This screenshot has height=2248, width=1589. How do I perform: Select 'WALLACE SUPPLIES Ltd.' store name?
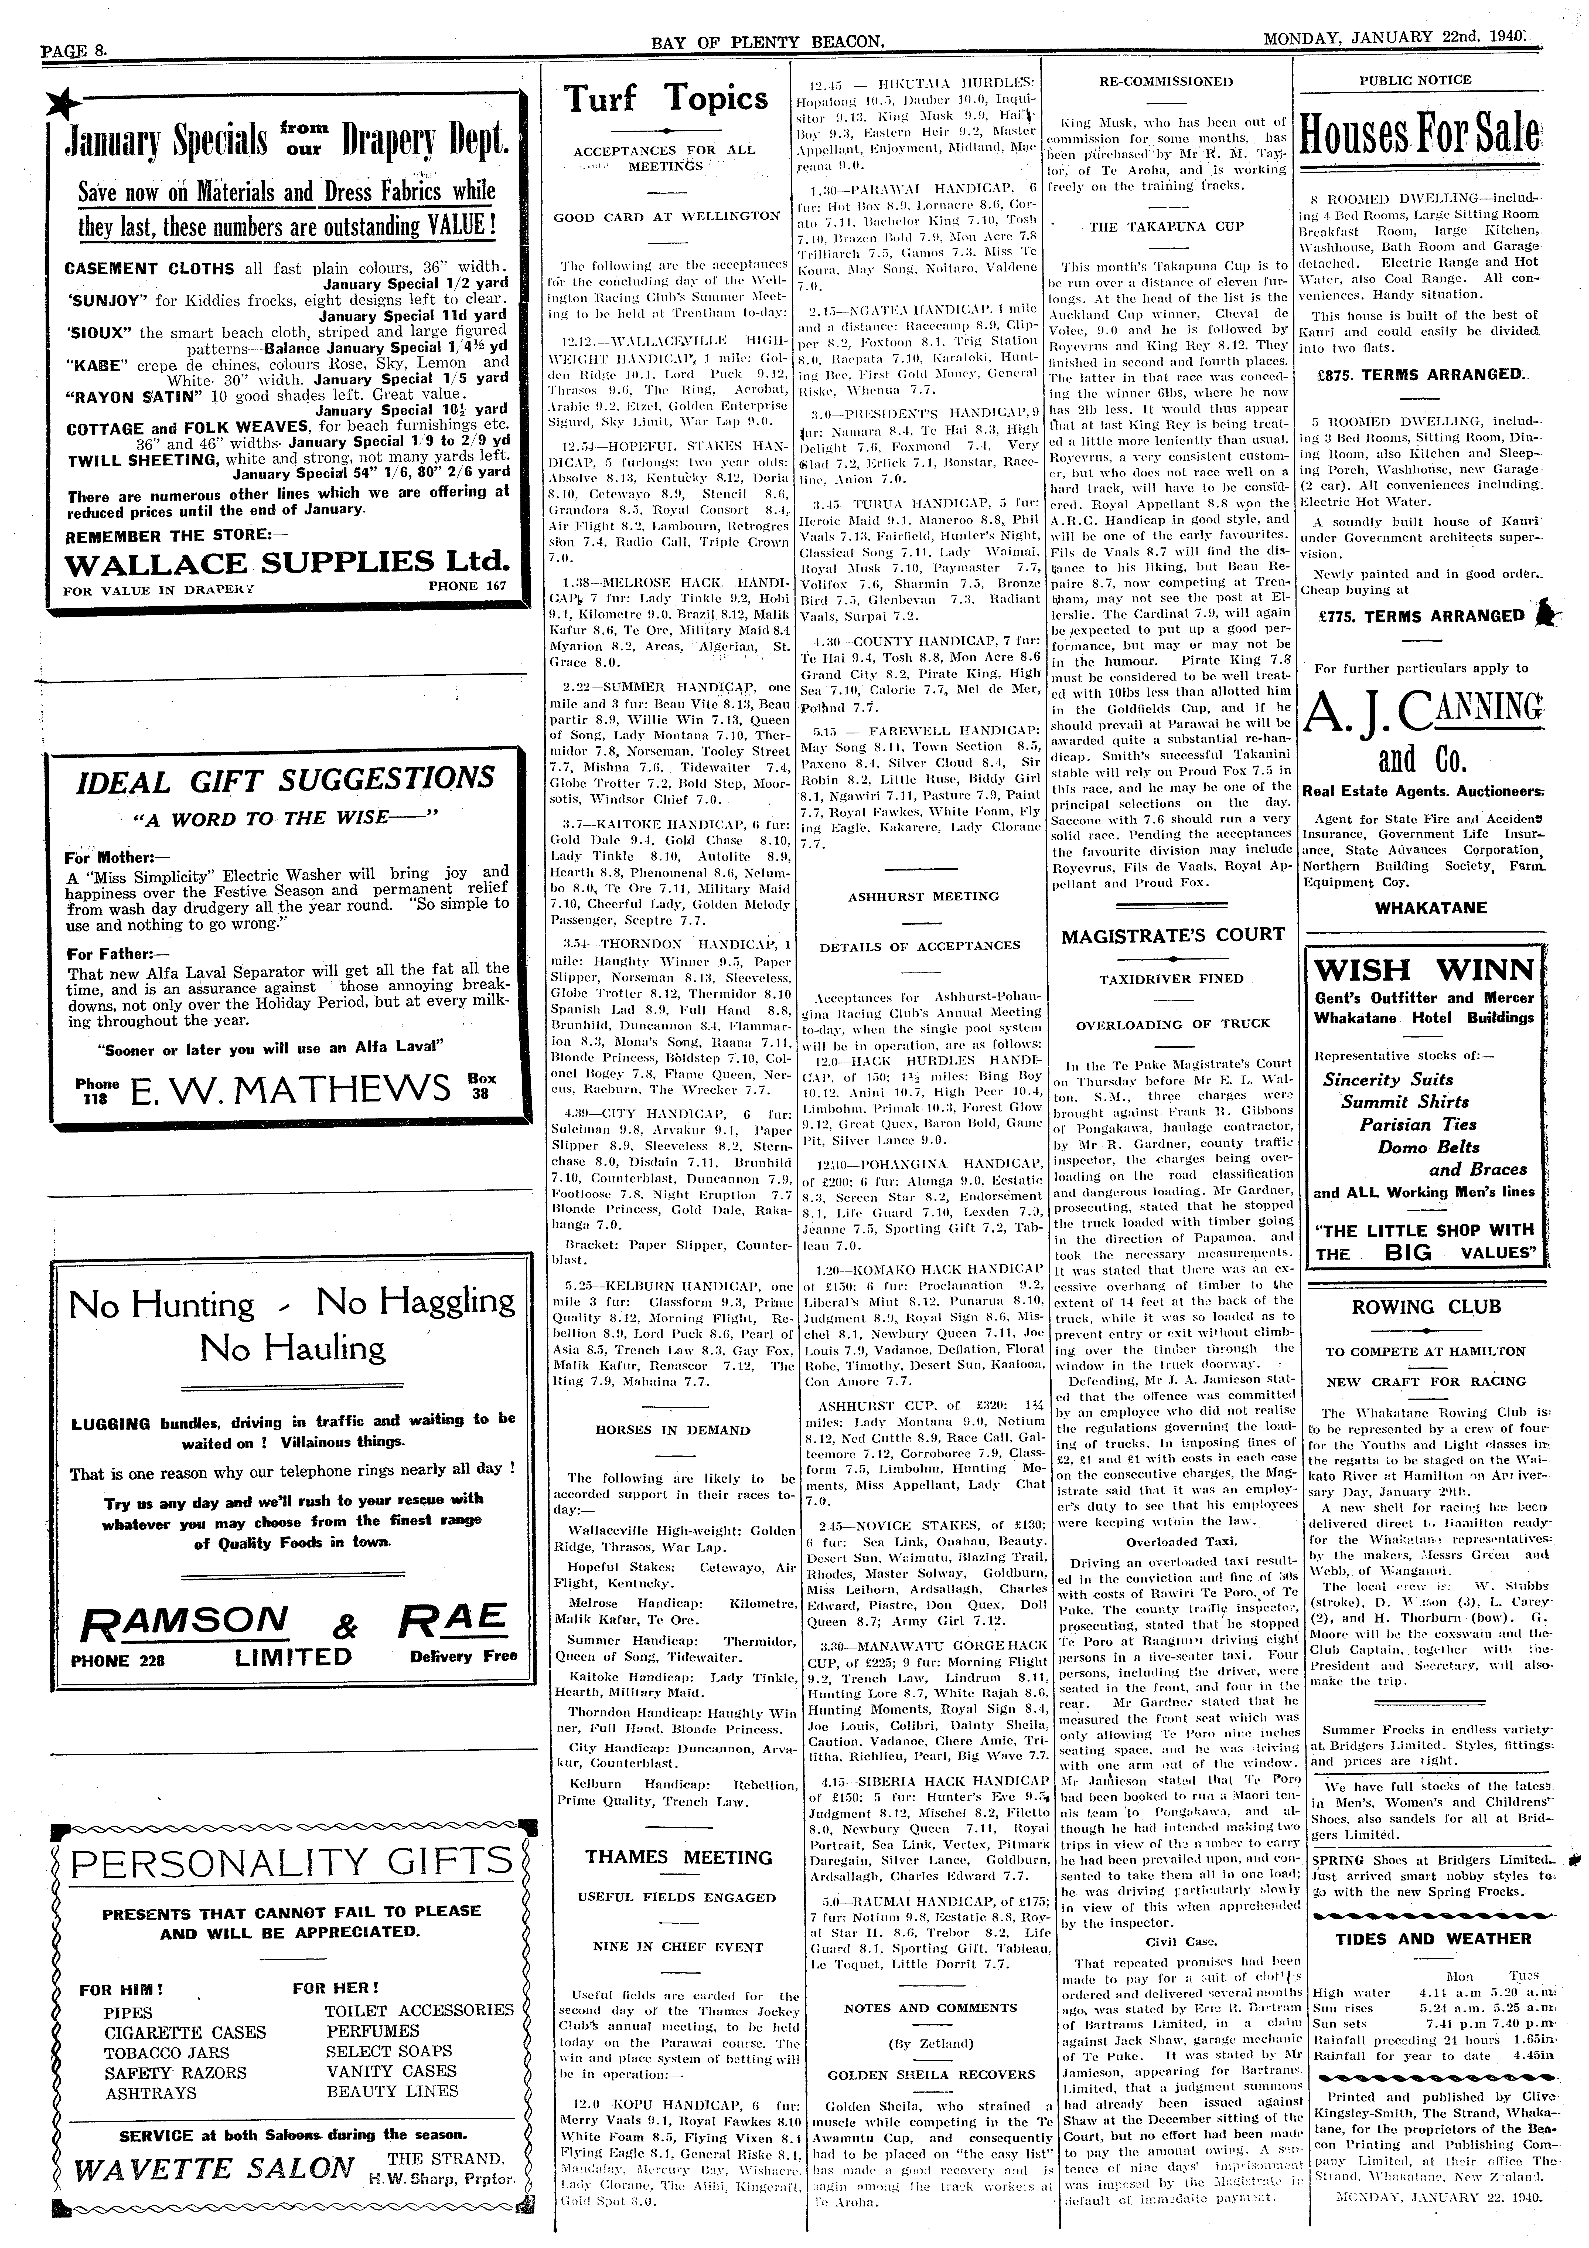point(287,563)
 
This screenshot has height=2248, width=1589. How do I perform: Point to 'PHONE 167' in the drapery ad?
point(468,586)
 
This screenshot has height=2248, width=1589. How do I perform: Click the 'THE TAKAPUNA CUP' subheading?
point(1152,226)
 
